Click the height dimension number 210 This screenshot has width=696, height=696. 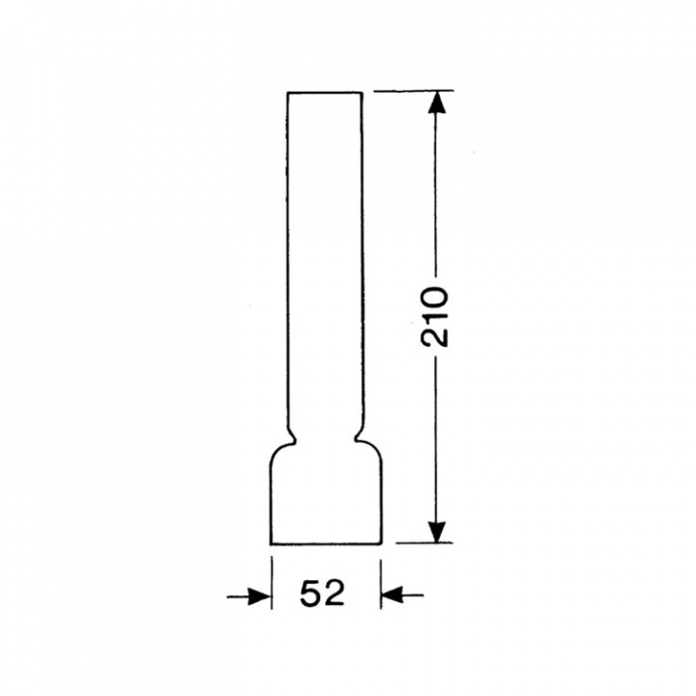tap(437, 316)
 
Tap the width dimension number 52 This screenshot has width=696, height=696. tap(322, 594)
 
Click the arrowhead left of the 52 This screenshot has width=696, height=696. tap(259, 596)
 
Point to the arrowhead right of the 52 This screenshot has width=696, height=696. tap(391, 596)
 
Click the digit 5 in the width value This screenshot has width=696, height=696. tap(310, 594)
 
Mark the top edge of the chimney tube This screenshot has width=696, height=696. tap(325, 92)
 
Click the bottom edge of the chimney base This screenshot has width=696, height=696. tap(325, 543)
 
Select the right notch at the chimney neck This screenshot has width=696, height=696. tap(362, 437)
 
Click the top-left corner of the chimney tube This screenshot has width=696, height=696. tap(288, 93)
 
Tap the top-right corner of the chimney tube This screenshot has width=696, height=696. tap(362, 93)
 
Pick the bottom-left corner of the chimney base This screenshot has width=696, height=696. tap(271, 543)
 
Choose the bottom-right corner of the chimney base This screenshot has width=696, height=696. tap(380, 543)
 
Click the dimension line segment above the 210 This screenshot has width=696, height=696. tap(437, 193)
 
